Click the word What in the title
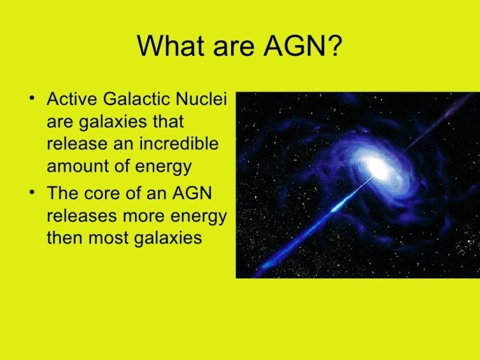click(x=170, y=45)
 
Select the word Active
click(x=72, y=99)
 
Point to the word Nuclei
click(x=201, y=99)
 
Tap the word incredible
click(x=179, y=143)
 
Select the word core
click(x=102, y=193)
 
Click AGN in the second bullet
click(x=192, y=193)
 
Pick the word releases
click(x=82, y=216)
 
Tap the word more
click(x=144, y=217)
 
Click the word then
click(x=64, y=238)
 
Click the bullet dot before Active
click(x=31, y=99)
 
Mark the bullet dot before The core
click(x=31, y=192)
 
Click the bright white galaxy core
click(x=377, y=167)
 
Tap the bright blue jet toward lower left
click(x=316, y=223)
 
